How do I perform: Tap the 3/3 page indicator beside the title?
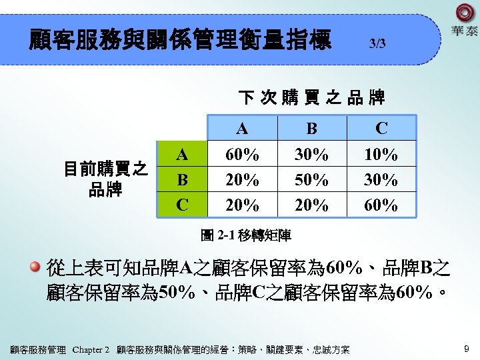(377, 44)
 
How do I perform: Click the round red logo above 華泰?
(464, 13)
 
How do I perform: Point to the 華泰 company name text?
(464, 31)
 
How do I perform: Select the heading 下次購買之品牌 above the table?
(311, 98)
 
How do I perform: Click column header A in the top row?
(242, 128)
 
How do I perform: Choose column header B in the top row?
(311, 128)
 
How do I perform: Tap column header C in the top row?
(381, 128)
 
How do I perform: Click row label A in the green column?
(181, 155)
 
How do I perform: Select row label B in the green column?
(181, 179)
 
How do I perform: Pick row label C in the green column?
(181, 204)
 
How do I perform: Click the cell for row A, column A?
(242, 155)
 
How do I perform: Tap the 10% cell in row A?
(381, 155)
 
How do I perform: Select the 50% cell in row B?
(311, 180)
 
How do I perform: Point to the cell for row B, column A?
(242, 180)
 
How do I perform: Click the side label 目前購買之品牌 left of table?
(105, 179)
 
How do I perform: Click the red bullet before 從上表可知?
(35, 268)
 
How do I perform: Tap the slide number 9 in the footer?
(467, 347)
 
